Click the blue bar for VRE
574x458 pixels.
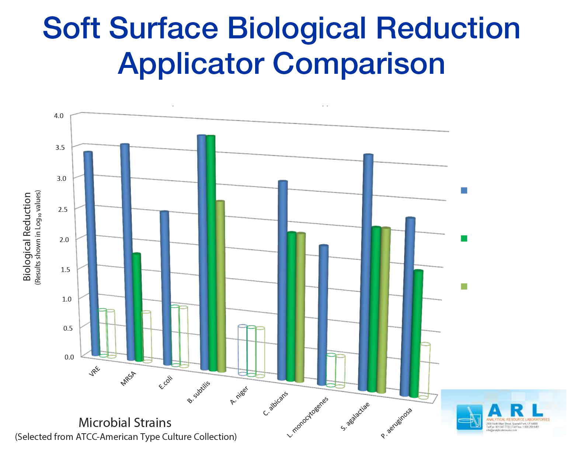point(92,255)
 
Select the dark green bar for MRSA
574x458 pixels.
point(138,306)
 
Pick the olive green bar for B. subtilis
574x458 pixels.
point(221,286)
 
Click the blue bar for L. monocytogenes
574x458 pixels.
point(323,316)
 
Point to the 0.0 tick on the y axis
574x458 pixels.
point(69,357)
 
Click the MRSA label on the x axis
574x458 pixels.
point(128,379)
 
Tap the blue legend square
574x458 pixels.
point(464,190)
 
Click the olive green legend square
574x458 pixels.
point(464,286)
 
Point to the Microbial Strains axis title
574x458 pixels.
point(125,423)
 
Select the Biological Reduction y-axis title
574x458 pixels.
point(27,236)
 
